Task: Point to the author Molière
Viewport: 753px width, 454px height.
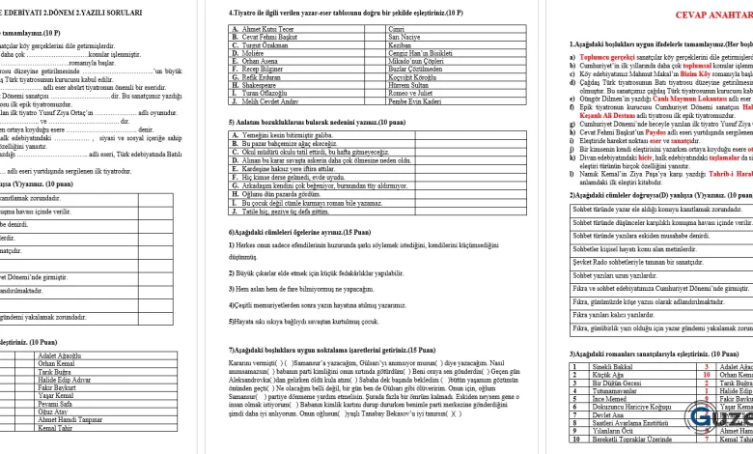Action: (x=252, y=52)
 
